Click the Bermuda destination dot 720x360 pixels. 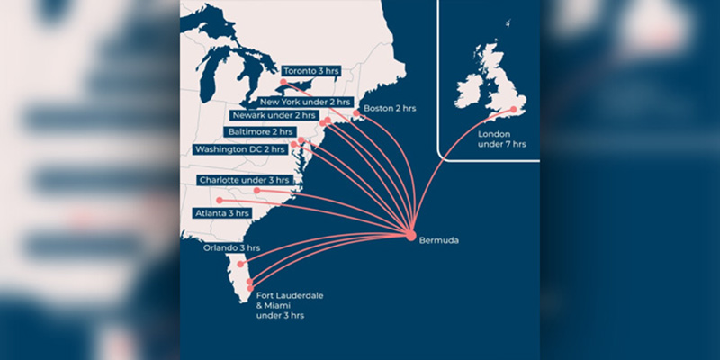411,236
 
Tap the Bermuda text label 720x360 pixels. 439,241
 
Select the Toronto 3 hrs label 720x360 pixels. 312,70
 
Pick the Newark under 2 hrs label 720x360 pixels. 272,116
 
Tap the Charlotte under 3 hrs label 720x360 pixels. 240,180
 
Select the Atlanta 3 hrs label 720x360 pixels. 221,214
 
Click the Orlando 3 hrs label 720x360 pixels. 230,247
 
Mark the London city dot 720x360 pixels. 514,110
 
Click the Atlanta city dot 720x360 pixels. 220,200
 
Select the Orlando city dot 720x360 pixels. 240,265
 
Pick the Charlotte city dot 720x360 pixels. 257,190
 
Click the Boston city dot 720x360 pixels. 354,113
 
